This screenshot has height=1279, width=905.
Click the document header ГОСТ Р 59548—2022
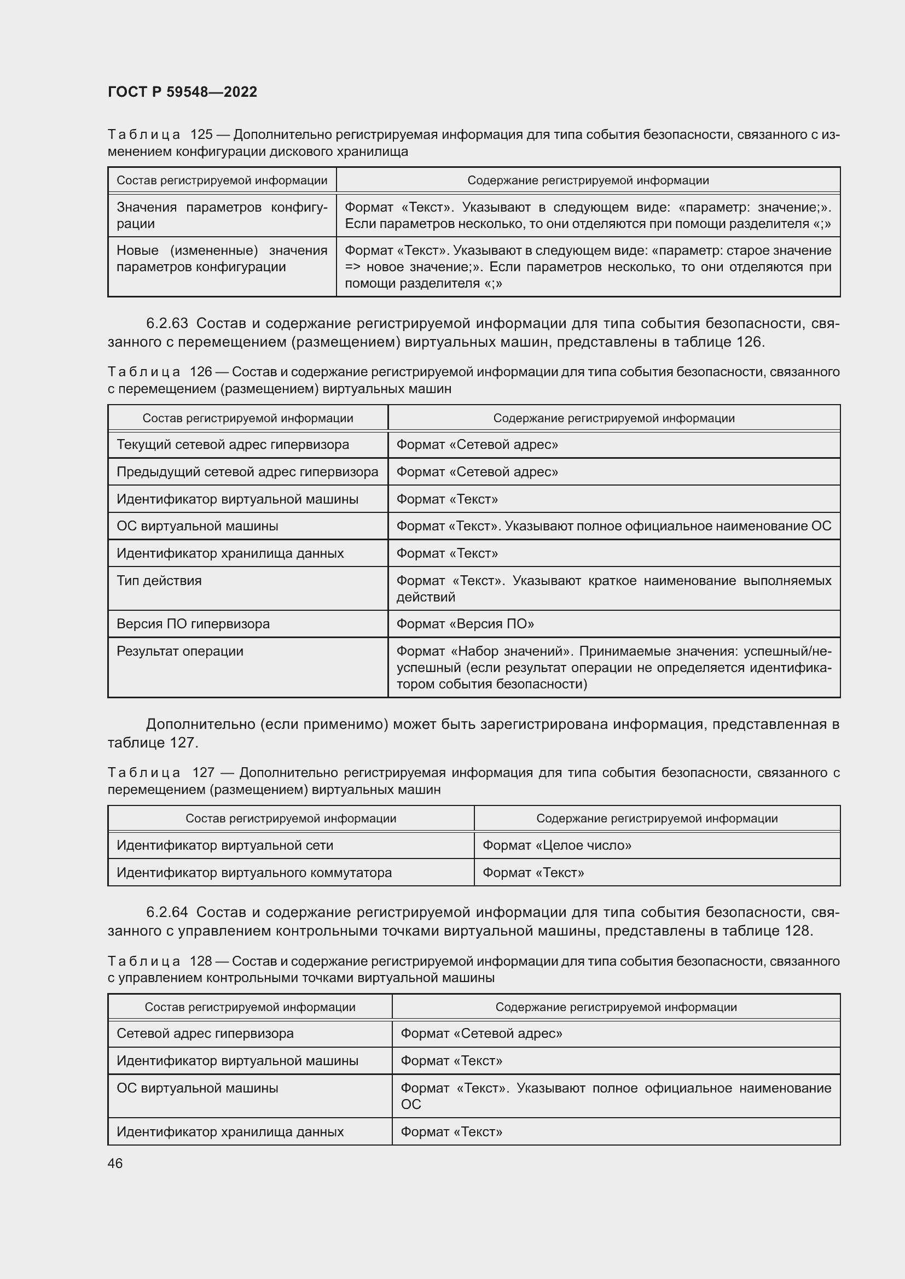tap(182, 92)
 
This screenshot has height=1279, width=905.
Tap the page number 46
tap(115, 1163)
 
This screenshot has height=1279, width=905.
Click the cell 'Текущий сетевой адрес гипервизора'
tap(233, 445)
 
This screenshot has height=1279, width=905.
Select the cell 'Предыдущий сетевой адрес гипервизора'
tap(247, 472)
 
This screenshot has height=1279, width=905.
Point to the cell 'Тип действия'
tap(159, 581)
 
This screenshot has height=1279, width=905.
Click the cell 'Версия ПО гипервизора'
tap(193, 623)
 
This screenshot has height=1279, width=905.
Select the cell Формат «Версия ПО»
tap(465, 623)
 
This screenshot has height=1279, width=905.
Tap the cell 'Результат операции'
tap(179, 651)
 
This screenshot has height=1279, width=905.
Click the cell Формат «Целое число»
tap(556, 845)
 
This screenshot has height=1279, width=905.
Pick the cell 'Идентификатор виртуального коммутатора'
tap(253, 872)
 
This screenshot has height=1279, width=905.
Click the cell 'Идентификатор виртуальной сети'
tap(224, 845)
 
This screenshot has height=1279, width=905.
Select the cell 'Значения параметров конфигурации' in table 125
tap(221, 215)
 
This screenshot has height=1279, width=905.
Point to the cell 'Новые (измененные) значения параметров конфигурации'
tap(221, 259)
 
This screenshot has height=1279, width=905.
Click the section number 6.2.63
tap(167, 324)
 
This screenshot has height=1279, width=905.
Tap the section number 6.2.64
tap(167, 913)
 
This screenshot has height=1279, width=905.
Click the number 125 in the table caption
tap(201, 135)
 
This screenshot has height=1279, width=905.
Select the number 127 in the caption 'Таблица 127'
tap(203, 773)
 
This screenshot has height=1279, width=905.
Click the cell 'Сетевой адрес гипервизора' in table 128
tap(205, 1033)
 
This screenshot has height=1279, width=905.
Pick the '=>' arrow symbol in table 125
tap(353, 267)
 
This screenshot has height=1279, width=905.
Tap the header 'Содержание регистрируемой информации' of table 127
tap(657, 819)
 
